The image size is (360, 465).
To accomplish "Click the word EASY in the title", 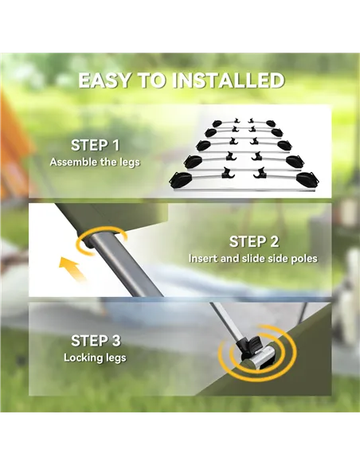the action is pyautogui.click(x=104, y=80).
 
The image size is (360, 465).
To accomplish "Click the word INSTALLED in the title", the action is pyautogui.click(x=229, y=80).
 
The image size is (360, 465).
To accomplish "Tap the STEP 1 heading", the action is pyautogui.click(x=96, y=145).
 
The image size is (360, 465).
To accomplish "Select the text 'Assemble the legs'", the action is pyautogui.click(x=95, y=162).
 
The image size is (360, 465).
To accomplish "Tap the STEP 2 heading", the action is pyautogui.click(x=254, y=242).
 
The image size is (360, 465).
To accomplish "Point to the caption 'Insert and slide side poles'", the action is pyautogui.click(x=253, y=258).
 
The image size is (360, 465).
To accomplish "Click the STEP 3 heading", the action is pyautogui.click(x=96, y=341).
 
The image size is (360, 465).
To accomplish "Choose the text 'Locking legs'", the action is pyautogui.click(x=95, y=358).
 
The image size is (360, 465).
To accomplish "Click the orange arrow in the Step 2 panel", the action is pyautogui.click(x=72, y=269).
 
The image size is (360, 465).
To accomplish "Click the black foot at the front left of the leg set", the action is pyautogui.click(x=181, y=180).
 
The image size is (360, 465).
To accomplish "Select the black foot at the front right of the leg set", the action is pyautogui.click(x=307, y=180).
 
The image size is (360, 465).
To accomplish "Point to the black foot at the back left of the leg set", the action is pyautogui.click(x=217, y=123).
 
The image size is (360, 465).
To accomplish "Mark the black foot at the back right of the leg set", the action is pyautogui.click(x=272, y=123).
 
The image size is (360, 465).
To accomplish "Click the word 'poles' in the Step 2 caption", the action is pyautogui.click(x=304, y=259).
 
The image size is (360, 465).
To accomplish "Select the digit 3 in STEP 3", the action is pyautogui.click(x=115, y=341).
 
